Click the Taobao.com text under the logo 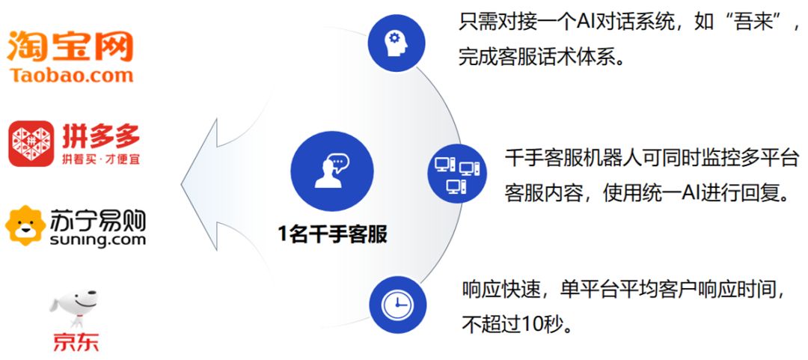[72, 75]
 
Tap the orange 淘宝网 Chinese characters [70, 46]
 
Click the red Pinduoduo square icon [31, 143]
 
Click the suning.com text [98, 240]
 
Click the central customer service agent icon [331, 171]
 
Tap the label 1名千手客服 [332, 234]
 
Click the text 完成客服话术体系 [541, 57]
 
